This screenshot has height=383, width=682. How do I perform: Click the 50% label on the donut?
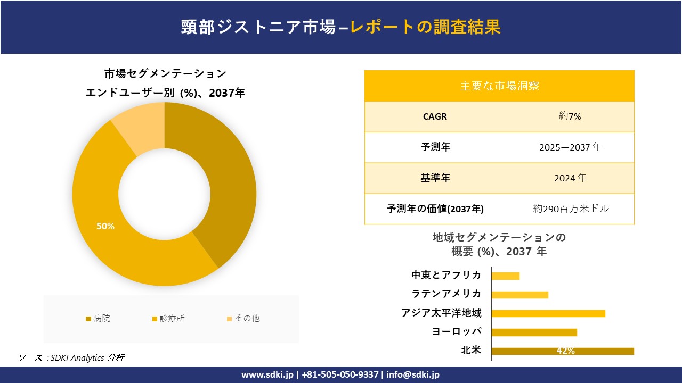click(x=105, y=226)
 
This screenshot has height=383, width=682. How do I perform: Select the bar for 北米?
click(x=562, y=351)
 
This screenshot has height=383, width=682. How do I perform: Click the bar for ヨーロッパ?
click(x=534, y=332)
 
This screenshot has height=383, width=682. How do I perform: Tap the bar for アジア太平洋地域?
click(x=548, y=313)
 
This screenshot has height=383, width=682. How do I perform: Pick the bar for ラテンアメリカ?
click(x=519, y=295)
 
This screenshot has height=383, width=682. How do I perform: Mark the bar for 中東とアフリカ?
click(x=505, y=276)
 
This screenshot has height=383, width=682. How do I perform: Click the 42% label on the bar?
click(x=565, y=351)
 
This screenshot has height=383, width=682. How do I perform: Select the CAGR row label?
click(x=435, y=116)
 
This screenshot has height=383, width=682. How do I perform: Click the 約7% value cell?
click(x=570, y=116)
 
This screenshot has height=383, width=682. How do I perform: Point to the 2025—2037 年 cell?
click(x=570, y=147)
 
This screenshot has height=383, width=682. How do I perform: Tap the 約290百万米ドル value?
click(x=571, y=209)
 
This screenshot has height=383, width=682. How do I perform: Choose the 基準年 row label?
click(x=435, y=178)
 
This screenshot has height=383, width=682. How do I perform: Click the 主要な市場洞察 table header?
click(x=499, y=86)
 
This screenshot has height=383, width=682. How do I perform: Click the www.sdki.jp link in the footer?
click(x=267, y=374)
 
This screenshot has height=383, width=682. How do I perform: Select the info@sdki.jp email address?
click(x=413, y=374)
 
